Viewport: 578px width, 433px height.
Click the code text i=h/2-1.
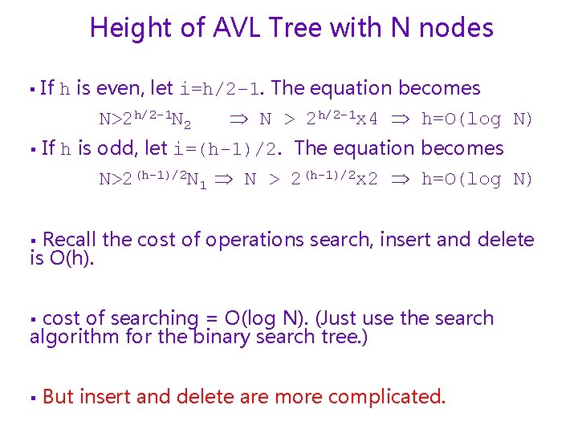pyautogui.click(x=226, y=89)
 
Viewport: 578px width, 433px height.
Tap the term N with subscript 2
pyautogui.click(x=181, y=121)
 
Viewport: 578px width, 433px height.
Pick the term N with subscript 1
pyautogui.click(x=197, y=180)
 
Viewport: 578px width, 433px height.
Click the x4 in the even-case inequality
pyautogui.click(x=367, y=120)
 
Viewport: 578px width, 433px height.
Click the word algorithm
pyautogui.click(x=75, y=336)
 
